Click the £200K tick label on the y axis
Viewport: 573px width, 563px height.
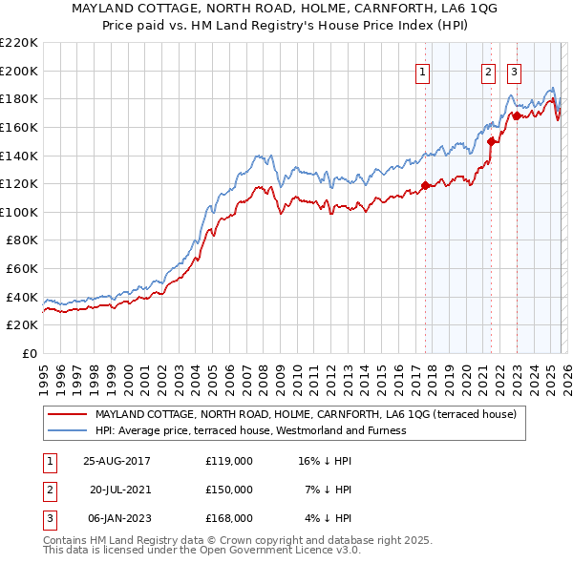(x=19, y=71)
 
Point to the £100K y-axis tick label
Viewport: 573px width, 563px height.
(x=19, y=212)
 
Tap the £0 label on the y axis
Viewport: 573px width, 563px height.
(x=30, y=353)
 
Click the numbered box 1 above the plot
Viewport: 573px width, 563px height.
(x=422, y=71)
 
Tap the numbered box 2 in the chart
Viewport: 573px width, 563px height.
(x=488, y=71)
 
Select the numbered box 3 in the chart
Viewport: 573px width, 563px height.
(x=514, y=71)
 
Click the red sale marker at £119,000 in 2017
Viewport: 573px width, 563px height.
(x=425, y=185)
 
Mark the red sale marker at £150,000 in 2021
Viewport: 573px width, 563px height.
(x=491, y=141)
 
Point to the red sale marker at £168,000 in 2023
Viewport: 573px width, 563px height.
(x=516, y=115)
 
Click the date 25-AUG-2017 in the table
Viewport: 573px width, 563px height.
(x=117, y=460)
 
